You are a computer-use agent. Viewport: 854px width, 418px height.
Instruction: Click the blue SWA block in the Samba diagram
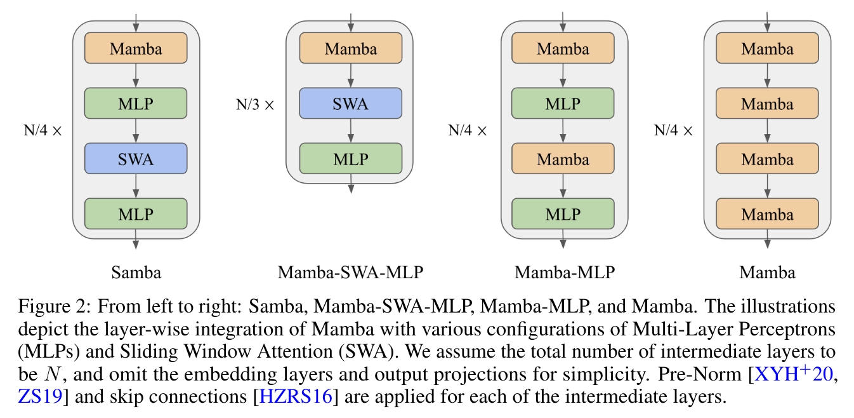[136, 159]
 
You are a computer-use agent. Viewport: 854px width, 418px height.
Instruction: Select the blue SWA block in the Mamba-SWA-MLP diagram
[351, 104]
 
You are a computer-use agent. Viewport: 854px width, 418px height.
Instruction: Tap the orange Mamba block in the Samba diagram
[136, 48]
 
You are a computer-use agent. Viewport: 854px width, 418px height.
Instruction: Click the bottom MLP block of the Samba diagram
[136, 214]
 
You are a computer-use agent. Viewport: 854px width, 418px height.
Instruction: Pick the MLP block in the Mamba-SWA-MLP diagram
[351, 159]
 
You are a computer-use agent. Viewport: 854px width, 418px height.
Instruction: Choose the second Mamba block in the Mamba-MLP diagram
[563, 159]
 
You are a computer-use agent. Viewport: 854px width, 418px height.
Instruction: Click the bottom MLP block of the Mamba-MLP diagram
[563, 214]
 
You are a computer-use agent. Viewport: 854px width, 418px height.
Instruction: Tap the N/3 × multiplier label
[255, 105]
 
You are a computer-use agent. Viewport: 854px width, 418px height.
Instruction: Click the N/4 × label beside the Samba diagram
[43, 131]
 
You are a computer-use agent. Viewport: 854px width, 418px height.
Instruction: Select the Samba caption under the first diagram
[136, 273]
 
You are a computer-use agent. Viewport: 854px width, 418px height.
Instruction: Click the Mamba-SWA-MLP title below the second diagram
[350, 273]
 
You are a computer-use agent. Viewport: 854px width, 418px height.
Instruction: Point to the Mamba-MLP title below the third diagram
[565, 273]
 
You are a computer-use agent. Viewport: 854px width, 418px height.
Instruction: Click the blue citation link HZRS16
[296, 396]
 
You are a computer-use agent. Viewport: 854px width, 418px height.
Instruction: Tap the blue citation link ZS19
[40, 396]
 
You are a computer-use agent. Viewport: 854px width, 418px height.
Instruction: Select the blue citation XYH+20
[793, 374]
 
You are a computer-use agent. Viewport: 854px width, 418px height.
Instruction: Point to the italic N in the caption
[52, 374]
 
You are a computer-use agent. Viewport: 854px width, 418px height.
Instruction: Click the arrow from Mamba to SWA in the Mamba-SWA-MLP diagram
[351, 76]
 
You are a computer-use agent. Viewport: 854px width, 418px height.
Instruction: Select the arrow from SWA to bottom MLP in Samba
[136, 186]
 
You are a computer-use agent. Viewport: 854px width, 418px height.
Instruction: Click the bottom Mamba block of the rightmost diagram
[768, 214]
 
